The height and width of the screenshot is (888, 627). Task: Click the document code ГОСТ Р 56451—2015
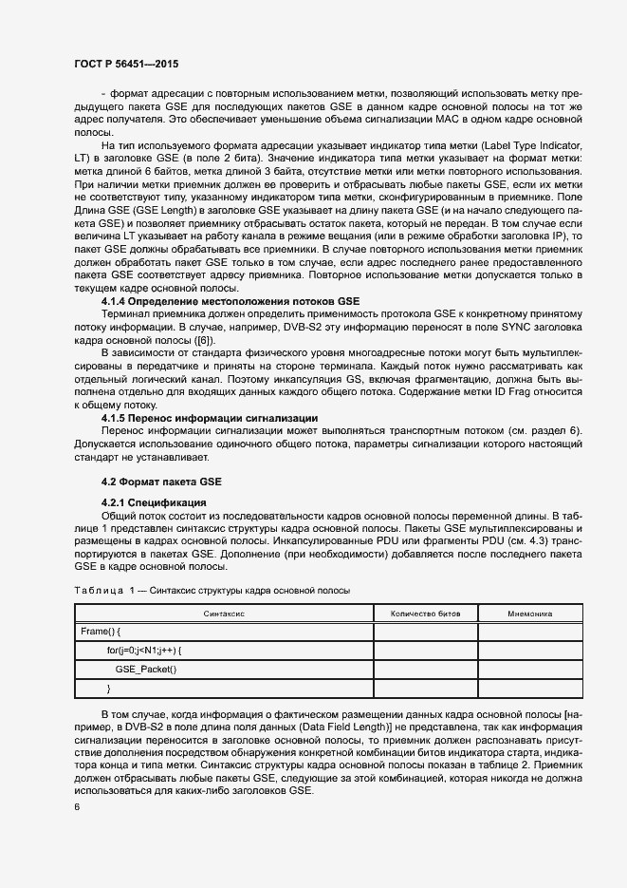(x=125, y=64)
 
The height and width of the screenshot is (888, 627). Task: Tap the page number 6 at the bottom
(x=78, y=806)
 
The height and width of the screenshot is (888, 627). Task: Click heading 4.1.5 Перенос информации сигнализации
(x=209, y=419)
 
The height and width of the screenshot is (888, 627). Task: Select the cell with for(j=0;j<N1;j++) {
(x=144, y=651)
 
